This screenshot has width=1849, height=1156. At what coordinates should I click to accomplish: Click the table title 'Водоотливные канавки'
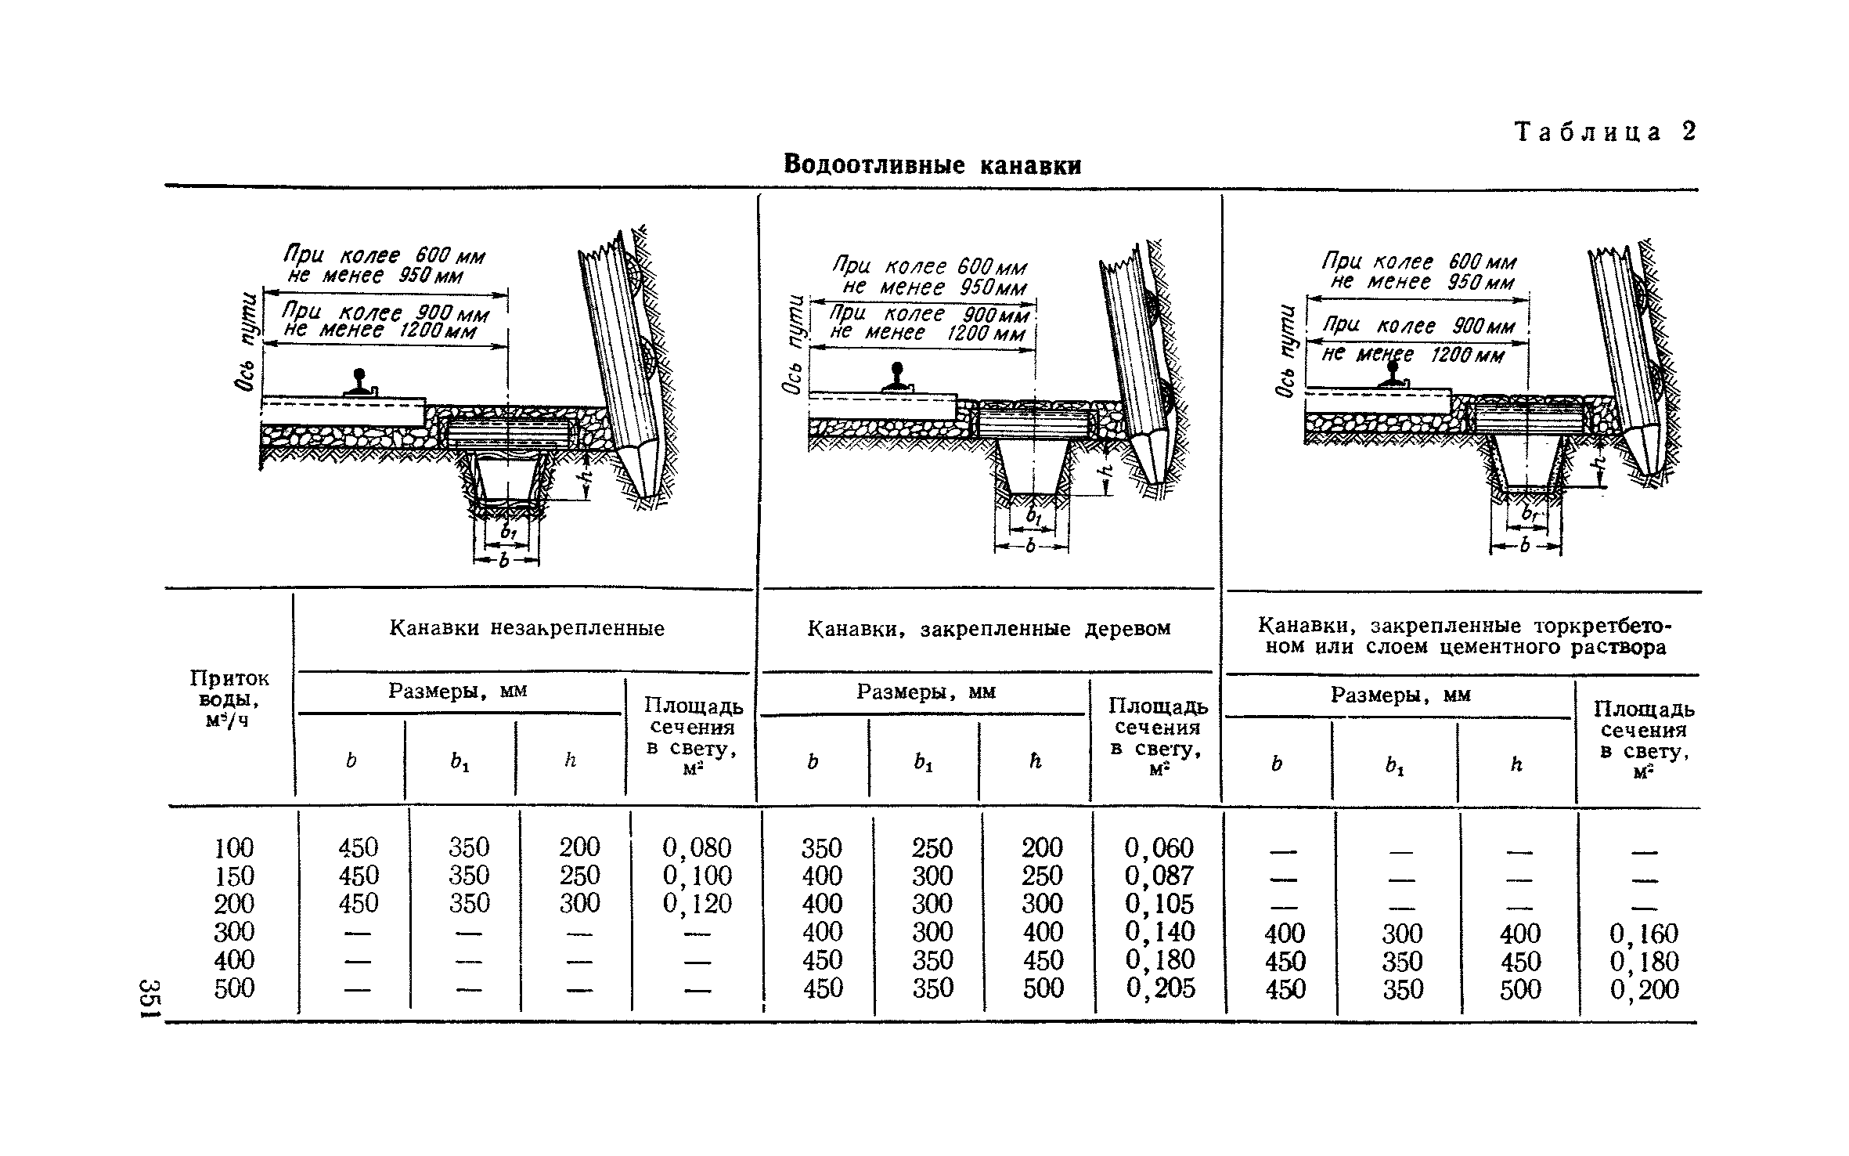pyautogui.click(x=932, y=165)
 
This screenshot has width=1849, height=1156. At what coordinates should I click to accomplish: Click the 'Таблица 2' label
pyautogui.click(x=1605, y=132)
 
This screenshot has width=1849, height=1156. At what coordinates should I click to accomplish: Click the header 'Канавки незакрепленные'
pyautogui.click(x=526, y=628)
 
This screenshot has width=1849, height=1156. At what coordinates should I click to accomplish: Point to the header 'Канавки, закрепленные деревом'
pyautogui.click(x=989, y=628)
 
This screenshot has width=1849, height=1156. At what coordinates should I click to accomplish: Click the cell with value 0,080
pyautogui.click(x=697, y=847)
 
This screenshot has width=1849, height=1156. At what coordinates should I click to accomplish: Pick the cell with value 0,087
pyautogui.click(x=1159, y=876)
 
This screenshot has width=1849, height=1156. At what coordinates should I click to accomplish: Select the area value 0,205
pyautogui.click(x=1160, y=988)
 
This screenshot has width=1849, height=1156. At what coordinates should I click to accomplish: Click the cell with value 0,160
pyautogui.click(x=1644, y=933)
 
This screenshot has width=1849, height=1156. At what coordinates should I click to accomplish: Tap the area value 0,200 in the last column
pyautogui.click(x=1644, y=990)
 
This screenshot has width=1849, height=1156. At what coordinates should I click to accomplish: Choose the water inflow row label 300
pyautogui.click(x=234, y=932)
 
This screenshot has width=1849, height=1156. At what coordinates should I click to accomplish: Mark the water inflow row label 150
pyautogui.click(x=234, y=876)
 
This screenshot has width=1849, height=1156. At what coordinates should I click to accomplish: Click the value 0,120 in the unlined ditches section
pyautogui.click(x=697, y=904)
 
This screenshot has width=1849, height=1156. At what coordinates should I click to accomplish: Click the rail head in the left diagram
pyautogui.click(x=359, y=374)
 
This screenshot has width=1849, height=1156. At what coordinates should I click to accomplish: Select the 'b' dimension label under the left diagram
pyautogui.click(x=505, y=560)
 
